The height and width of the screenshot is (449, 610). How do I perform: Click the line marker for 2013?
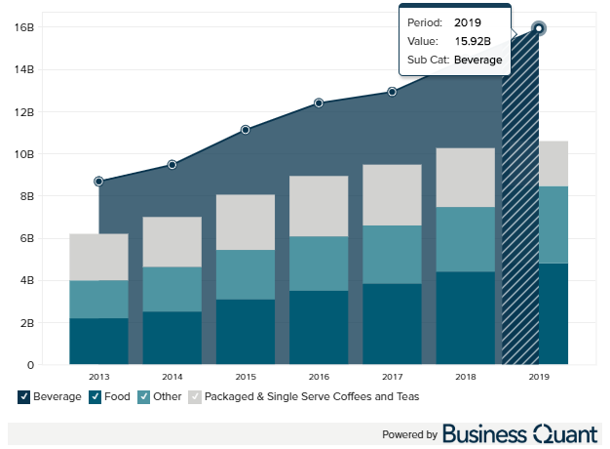point(99,182)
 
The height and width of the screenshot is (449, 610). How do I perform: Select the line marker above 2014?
point(172,165)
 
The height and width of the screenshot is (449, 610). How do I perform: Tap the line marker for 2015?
point(246,130)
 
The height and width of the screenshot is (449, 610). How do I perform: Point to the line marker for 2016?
point(319,102)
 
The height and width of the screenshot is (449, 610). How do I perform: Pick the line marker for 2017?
point(392,92)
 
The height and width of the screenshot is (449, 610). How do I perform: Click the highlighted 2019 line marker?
point(539,28)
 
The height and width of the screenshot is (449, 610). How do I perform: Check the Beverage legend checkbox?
point(23,396)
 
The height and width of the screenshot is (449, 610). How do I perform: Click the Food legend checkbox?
point(95,396)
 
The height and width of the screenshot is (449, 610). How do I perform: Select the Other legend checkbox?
point(144,396)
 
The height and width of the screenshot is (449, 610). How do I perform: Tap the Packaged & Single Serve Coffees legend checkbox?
point(195,396)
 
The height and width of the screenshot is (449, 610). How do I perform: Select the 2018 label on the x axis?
point(465,376)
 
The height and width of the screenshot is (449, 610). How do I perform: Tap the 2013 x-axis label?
point(99,376)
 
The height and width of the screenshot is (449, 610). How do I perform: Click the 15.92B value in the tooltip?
point(473,41)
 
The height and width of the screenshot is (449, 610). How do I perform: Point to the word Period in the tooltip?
point(424,22)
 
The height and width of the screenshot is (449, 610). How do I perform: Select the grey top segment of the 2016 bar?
point(319,206)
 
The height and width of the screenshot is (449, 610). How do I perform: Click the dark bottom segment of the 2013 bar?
point(99,341)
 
